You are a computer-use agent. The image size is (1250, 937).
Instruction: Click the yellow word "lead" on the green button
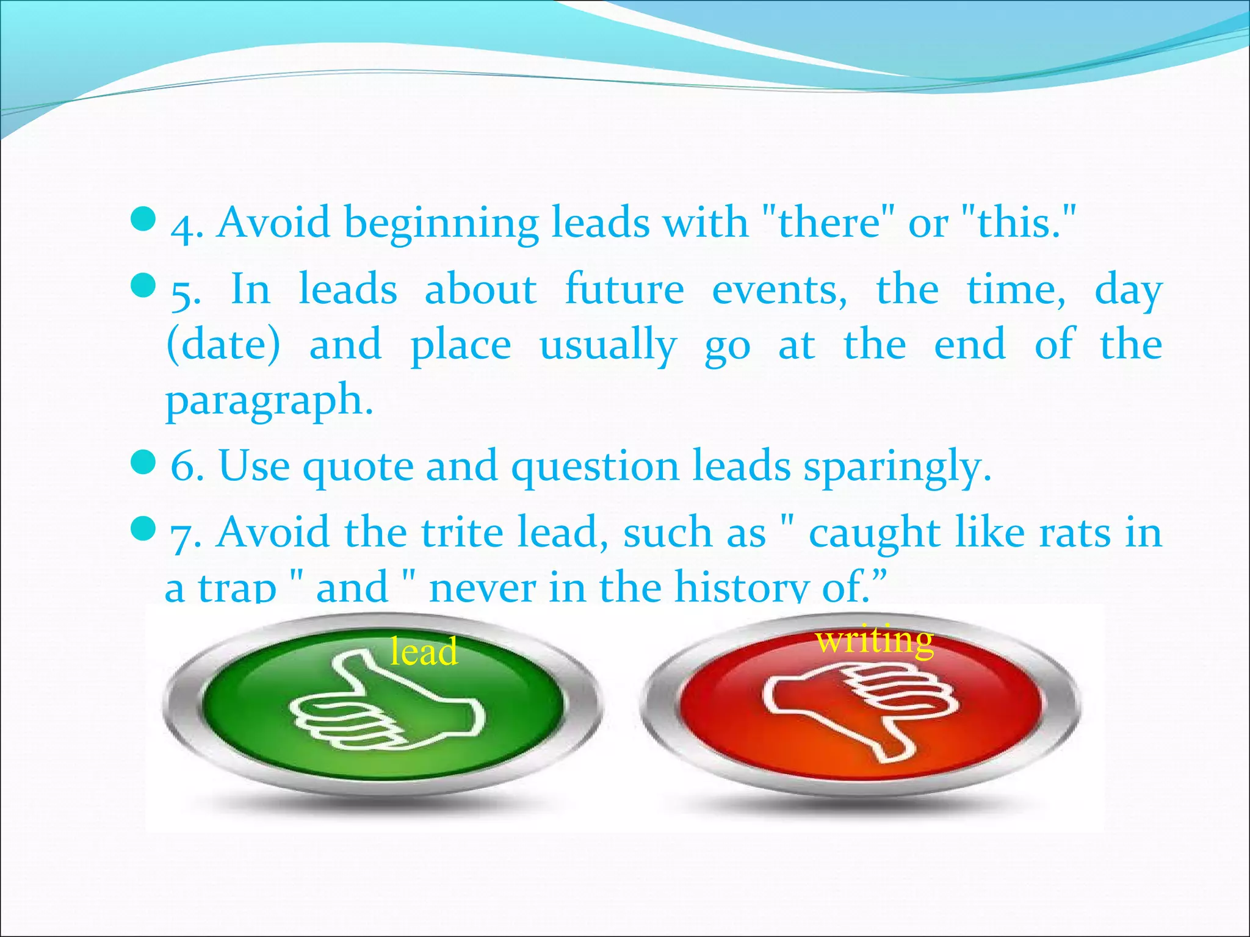(x=424, y=650)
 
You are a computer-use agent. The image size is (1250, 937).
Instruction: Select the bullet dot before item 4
(x=144, y=219)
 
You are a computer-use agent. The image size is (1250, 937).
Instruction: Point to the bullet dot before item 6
(x=144, y=463)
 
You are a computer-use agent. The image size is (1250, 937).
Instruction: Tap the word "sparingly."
(x=897, y=467)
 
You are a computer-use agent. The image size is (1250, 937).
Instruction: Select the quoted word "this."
(x=1017, y=222)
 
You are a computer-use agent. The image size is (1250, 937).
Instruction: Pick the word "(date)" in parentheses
(x=223, y=345)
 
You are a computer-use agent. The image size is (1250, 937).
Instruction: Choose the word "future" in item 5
(x=624, y=289)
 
